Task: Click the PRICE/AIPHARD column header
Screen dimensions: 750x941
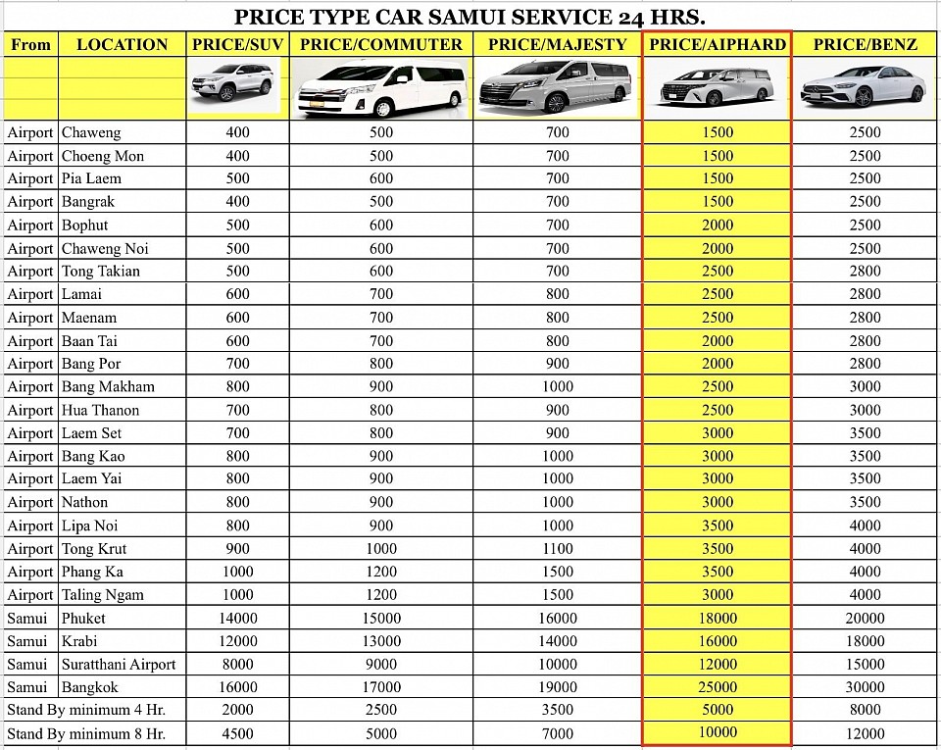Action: (x=718, y=44)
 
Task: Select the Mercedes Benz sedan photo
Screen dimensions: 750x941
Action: (x=863, y=86)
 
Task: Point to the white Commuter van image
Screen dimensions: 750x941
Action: (x=380, y=87)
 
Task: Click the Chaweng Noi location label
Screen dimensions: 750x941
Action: (x=105, y=248)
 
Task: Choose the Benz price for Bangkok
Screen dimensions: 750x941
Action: (x=865, y=687)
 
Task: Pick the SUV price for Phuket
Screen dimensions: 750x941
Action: (x=237, y=619)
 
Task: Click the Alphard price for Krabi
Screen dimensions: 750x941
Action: (x=718, y=641)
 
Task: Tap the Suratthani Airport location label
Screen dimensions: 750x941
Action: (x=119, y=665)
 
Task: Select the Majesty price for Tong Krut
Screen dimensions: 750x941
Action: (x=557, y=549)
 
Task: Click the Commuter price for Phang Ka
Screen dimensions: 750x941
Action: (x=381, y=572)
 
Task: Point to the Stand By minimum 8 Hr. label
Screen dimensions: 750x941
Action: (x=86, y=733)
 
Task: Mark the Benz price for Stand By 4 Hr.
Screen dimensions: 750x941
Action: (x=865, y=710)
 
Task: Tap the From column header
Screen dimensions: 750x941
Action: (x=31, y=44)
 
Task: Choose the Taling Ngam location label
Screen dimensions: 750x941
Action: (x=102, y=595)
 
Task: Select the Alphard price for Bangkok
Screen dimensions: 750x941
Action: (x=718, y=687)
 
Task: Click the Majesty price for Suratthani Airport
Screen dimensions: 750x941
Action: (x=557, y=665)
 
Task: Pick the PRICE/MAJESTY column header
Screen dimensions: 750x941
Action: (x=557, y=44)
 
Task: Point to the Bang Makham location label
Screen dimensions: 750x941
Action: (x=108, y=386)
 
